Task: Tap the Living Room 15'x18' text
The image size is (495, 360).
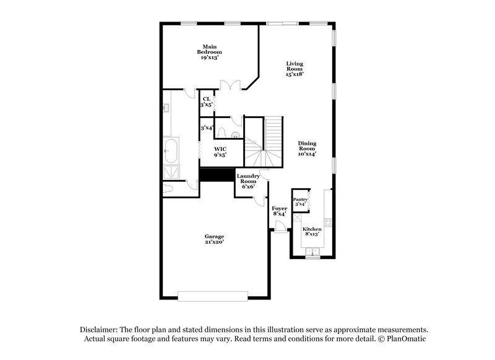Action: pyautogui.click(x=294, y=69)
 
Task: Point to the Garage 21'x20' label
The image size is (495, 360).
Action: pyautogui.click(x=214, y=239)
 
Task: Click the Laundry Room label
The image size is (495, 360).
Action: pyautogui.click(x=248, y=181)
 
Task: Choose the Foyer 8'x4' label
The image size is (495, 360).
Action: pyautogui.click(x=280, y=212)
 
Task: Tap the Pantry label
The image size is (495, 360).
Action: pyautogui.click(x=300, y=201)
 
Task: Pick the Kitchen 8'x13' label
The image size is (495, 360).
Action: pyautogui.click(x=312, y=231)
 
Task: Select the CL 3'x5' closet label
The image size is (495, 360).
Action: pyautogui.click(x=206, y=102)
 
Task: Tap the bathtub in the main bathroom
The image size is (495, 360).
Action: pyautogui.click(x=170, y=150)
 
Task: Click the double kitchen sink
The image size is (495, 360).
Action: pyautogui.click(x=313, y=251)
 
